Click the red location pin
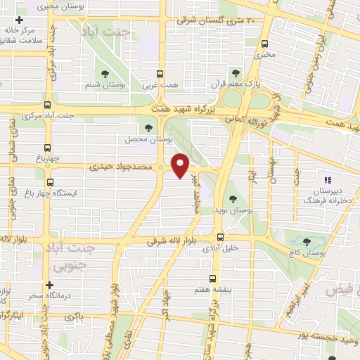(x=181, y=165)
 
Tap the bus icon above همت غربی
(x=160, y=73)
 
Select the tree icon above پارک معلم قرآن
(x=236, y=72)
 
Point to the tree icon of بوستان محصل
(x=148, y=127)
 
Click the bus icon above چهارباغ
(x=47, y=148)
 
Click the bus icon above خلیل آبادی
(x=220, y=236)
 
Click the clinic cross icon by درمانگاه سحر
(x=49, y=285)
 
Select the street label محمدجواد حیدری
(x=122, y=167)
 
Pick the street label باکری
(x=72, y=317)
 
